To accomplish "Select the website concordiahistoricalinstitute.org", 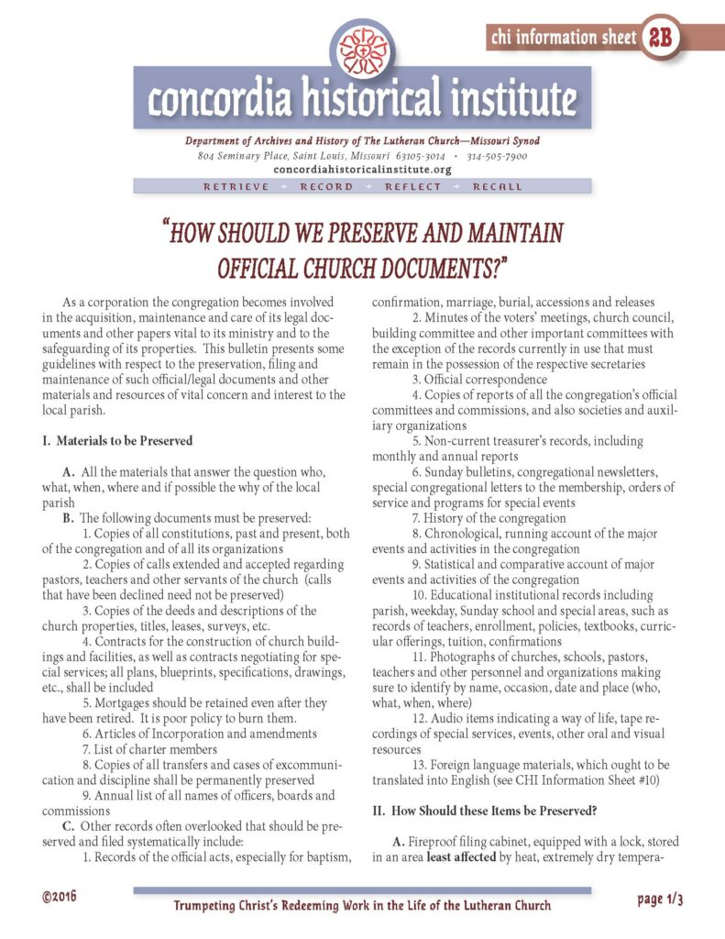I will [x=363, y=170].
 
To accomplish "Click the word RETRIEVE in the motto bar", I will [x=236, y=186].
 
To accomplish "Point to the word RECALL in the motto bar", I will [x=498, y=186].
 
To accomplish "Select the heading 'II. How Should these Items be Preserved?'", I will [x=495, y=810].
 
